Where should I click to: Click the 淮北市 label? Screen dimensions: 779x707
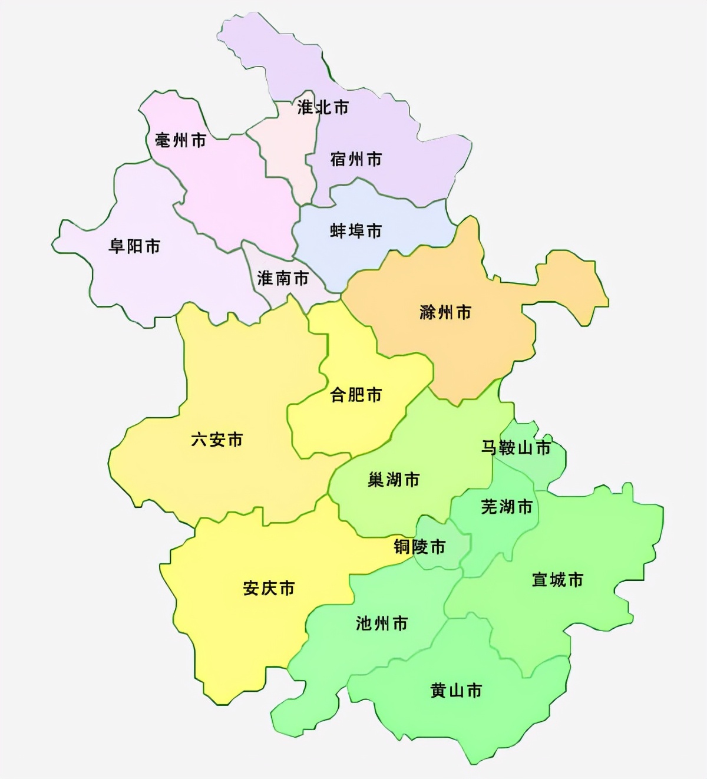pyautogui.click(x=323, y=107)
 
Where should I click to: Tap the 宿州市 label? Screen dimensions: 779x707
pyautogui.click(x=356, y=159)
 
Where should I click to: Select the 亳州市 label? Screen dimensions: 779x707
pyautogui.click(x=180, y=140)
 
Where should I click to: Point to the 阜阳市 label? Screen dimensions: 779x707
pyautogui.click(x=134, y=246)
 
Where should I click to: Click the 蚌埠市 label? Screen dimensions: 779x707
pyautogui.click(x=356, y=231)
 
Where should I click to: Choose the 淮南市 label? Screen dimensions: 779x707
pyautogui.click(x=283, y=278)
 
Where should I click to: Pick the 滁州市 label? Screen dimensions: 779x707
pyautogui.click(x=445, y=312)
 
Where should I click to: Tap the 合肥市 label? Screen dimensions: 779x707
pyautogui.click(x=356, y=395)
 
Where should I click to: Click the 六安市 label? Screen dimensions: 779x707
pyautogui.click(x=217, y=440)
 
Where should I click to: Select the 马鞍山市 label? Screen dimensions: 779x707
pyautogui.click(x=516, y=448)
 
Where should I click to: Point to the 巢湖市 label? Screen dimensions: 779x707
pyautogui.click(x=394, y=480)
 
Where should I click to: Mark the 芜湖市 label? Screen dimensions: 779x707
pyautogui.click(x=507, y=507)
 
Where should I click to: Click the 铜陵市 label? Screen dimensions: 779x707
pyautogui.click(x=419, y=547)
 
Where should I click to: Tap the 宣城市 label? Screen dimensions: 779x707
pyautogui.click(x=557, y=580)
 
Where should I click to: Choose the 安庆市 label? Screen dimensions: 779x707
pyautogui.click(x=269, y=588)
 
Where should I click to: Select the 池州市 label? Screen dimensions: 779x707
pyautogui.click(x=382, y=623)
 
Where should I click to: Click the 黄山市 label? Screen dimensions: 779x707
pyautogui.click(x=456, y=691)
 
